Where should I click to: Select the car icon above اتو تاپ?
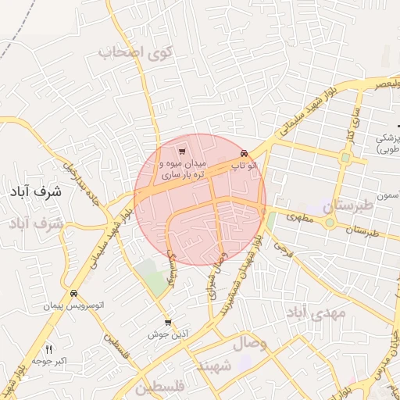click(245, 153)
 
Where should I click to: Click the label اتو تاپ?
click(245, 165)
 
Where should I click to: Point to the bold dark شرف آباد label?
click(35, 191)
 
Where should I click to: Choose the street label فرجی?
click(280, 248)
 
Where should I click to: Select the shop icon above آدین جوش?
click(168, 322)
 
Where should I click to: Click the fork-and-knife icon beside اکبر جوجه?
click(49, 349)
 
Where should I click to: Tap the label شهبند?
click(212, 366)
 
